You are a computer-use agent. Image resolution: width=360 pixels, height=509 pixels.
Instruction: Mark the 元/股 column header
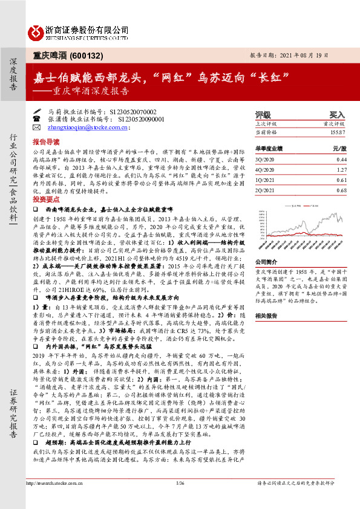[339, 148]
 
